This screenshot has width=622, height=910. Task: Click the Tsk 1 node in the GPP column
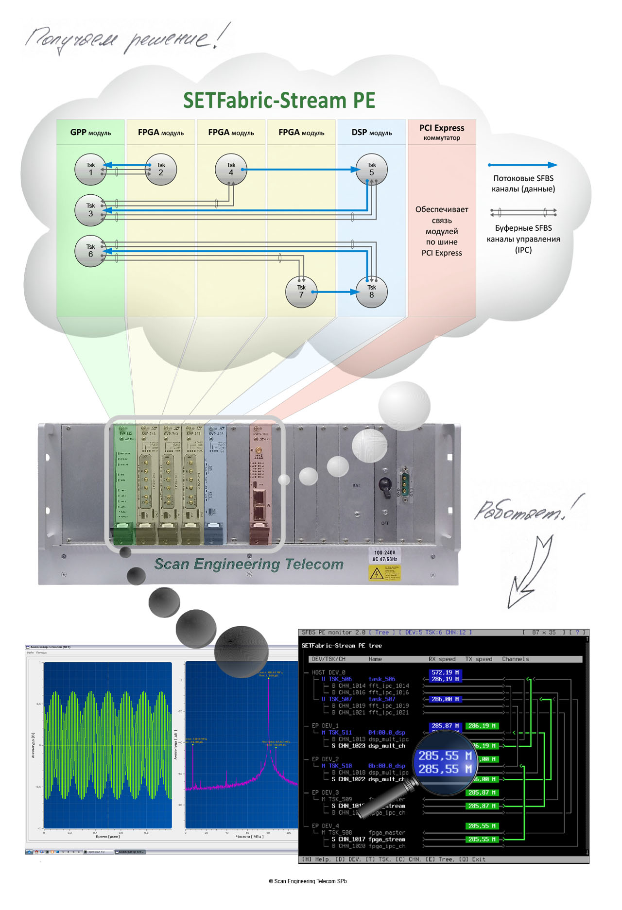tap(90, 169)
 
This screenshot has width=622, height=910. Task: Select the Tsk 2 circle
tap(161, 169)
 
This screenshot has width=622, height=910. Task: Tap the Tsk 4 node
tap(231, 169)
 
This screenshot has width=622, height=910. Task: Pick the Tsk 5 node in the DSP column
tap(371, 169)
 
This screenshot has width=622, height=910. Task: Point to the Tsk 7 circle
tap(301, 292)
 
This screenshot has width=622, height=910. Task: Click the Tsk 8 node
tap(371, 292)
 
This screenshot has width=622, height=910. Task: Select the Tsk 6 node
tap(90, 251)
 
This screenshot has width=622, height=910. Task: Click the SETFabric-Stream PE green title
tap(279, 101)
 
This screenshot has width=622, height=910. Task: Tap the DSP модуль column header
tap(371, 132)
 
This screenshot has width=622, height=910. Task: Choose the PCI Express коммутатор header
tap(442, 132)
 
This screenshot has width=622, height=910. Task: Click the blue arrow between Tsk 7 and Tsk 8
tap(335, 292)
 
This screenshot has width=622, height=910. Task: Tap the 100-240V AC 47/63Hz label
tap(384, 556)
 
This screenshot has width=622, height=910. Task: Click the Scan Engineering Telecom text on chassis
tap(248, 564)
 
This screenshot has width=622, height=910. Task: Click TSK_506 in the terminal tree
tap(340, 679)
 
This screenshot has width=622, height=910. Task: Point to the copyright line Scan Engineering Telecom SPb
tap(308, 881)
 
